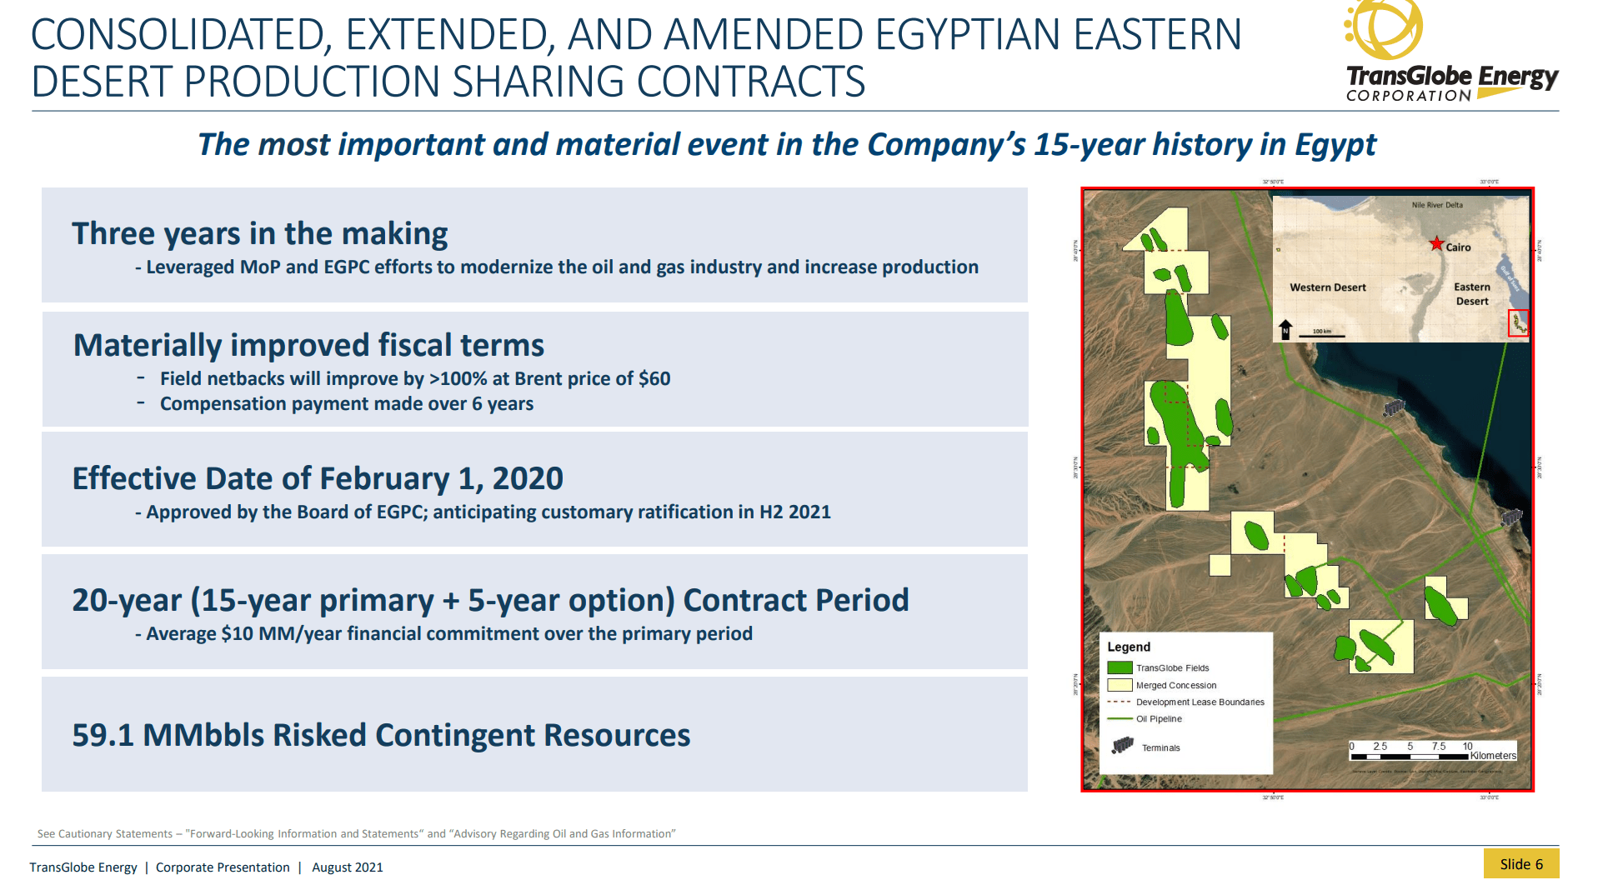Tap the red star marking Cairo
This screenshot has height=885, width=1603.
coord(1436,244)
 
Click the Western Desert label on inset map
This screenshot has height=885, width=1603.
coord(1327,287)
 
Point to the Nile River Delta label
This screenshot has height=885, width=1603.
coord(1436,205)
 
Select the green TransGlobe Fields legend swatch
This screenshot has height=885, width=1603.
coord(1120,667)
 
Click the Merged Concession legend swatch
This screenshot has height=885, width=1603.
coord(1120,685)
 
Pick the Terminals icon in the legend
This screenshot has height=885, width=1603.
coord(1123,745)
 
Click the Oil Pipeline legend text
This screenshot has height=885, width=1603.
coord(1159,719)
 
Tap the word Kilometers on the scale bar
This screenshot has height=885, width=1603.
coord(1492,756)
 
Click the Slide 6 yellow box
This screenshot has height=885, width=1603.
coord(1520,864)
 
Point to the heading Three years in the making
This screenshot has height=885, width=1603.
coord(259,233)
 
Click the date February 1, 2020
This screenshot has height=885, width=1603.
coord(441,478)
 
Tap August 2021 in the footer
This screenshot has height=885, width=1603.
coord(347,867)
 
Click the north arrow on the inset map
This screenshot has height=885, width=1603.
coord(1285,329)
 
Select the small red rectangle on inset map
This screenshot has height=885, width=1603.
coord(1518,323)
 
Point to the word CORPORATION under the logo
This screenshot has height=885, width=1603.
coord(1408,97)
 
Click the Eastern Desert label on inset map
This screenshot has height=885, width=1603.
coord(1471,294)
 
